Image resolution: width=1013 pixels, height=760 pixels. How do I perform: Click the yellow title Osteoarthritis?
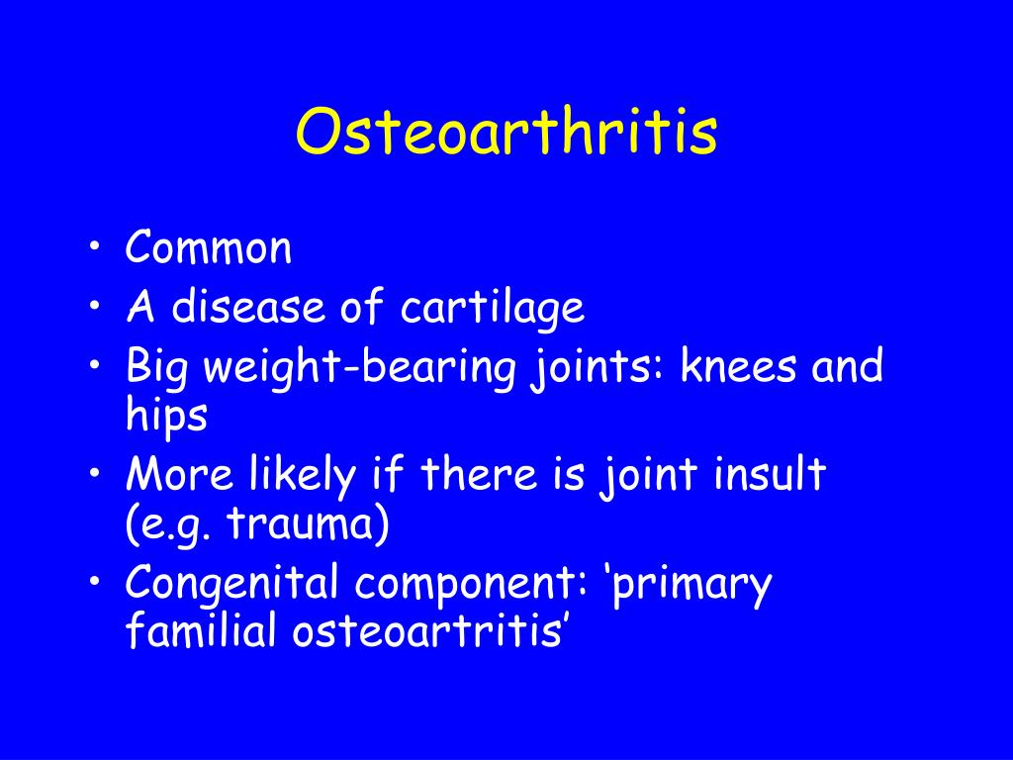[506, 132]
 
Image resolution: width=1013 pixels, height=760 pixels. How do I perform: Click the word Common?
[209, 246]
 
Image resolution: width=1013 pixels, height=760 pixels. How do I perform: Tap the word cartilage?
[493, 307]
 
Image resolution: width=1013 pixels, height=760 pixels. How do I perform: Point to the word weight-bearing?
[360, 366]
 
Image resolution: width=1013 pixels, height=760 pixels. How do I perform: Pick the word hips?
[166, 416]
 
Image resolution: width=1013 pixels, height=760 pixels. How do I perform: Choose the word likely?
[303, 475]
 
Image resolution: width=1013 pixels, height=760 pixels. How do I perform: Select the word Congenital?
[231, 584]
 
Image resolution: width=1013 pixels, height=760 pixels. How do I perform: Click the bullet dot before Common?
[95, 246]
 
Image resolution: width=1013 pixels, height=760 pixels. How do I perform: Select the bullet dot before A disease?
[95, 305]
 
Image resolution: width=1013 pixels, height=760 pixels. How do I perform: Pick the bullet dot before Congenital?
[95, 581]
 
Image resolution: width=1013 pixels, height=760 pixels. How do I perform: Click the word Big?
[157, 366]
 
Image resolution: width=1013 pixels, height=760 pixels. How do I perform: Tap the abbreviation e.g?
[175, 525]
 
